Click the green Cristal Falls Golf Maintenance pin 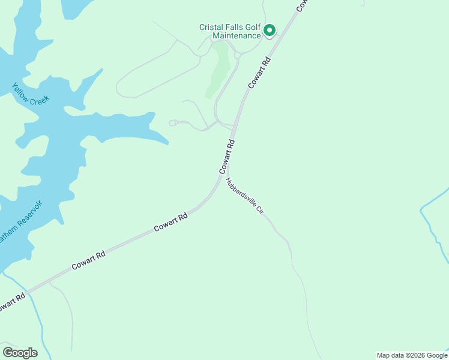(x=270, y=29)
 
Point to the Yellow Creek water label (x=30, y=92)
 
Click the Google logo (x=20, y=352)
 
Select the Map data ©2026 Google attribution (x=412, y=355)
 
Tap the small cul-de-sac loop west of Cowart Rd (x=173, y=123)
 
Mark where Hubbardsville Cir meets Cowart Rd (x=228, y=175)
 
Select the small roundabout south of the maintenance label (x=238, y=55)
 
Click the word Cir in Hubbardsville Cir (x=261, y=211)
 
